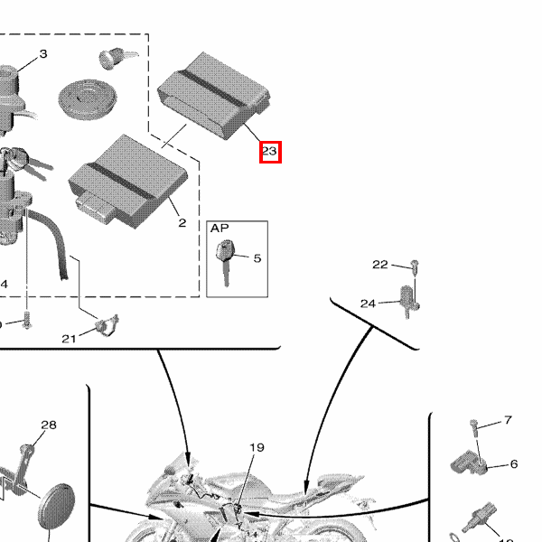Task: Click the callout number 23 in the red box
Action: point(269,152)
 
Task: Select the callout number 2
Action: point(182,222)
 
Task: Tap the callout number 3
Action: point(42,55)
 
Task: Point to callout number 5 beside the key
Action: point(257,258)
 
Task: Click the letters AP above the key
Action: point(220,229)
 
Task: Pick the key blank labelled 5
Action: point(226,258)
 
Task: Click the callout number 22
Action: point(380,265)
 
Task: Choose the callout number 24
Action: point(368,304)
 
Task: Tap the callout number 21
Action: point(70,339)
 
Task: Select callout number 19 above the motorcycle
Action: point(257,447)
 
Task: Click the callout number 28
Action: point(49,425)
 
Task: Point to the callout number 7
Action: point(508,420)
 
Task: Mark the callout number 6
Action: point(513,464)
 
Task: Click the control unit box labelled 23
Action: point(215,90)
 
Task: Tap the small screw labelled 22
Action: point(415,266)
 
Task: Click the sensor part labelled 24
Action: point(409,297)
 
